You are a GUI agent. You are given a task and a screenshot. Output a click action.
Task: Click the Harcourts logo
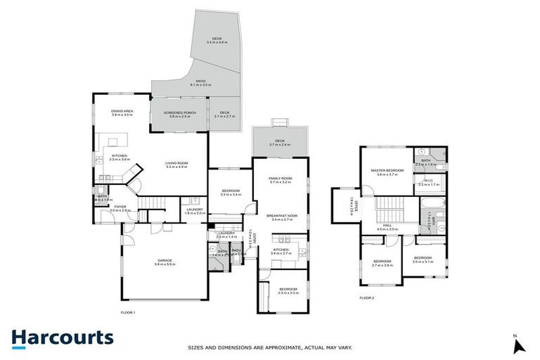(62, 337)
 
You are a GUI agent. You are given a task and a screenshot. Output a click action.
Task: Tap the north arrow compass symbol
(519, 345)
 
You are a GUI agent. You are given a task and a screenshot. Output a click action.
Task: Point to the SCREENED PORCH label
(179, 115)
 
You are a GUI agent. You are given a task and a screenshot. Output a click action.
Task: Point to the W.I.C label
(430, 182)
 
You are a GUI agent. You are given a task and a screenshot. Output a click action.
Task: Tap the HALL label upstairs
(387, 227)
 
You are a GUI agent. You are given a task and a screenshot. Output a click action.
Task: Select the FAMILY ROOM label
(280, 180)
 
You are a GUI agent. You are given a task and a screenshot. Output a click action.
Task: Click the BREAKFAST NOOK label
(281, 217)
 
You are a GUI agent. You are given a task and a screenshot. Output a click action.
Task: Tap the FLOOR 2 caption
(367, 298)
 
